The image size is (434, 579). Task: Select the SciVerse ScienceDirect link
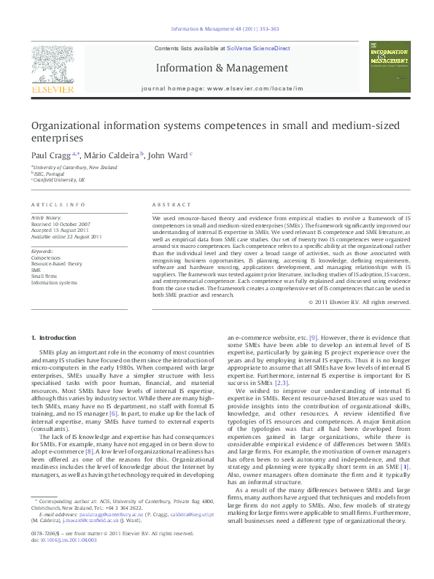[x=258, y=48]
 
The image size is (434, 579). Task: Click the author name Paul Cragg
[x=50, y=155]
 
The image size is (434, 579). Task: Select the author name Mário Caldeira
[x=113, y=155]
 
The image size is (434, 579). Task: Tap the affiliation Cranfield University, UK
[x=59, y=179]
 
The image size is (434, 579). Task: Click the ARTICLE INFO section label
[x=58, y=205]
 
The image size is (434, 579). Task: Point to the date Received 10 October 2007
[x=61, y=223]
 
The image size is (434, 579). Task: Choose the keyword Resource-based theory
[x=56, y=263]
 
